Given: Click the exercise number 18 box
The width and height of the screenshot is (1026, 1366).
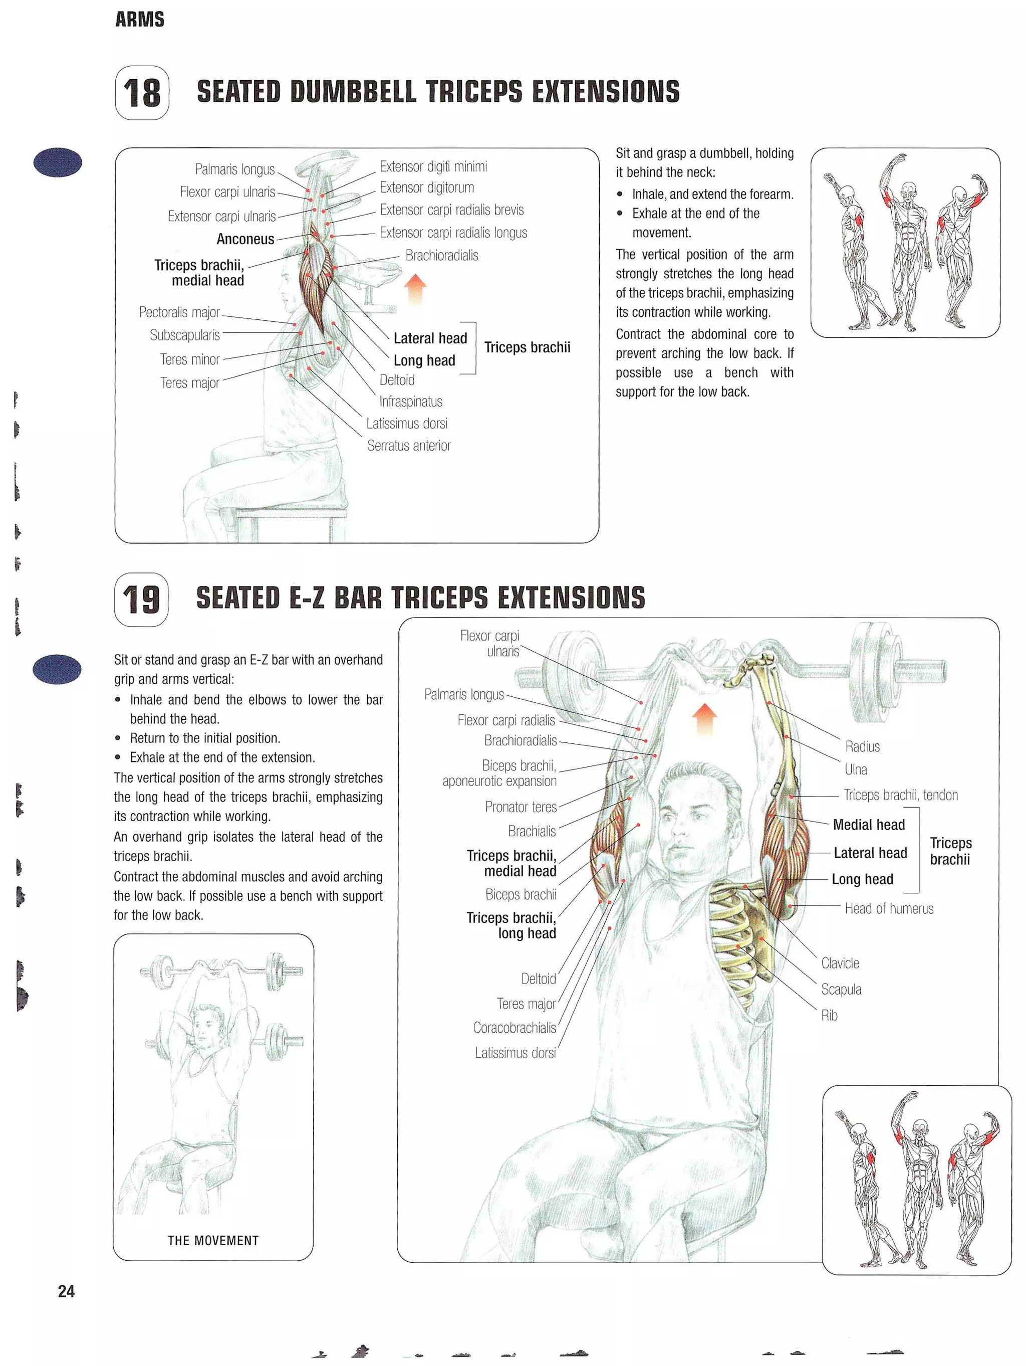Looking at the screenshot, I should tap(141, 93).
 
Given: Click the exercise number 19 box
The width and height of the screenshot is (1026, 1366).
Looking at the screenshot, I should tap(141, 599).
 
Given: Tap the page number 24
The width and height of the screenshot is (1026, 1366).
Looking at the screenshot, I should tap(66, 1291).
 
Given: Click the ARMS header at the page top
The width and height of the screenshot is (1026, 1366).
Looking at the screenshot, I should tap(139, 20).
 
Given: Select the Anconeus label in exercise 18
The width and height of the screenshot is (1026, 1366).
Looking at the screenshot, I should tap(245, 240).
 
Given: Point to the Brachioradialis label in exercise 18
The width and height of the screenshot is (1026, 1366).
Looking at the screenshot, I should tap(441, 256).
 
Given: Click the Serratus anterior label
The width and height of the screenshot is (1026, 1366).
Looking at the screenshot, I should tap(409, 446).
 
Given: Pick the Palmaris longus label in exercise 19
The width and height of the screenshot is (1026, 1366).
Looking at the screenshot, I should tap(463, 695).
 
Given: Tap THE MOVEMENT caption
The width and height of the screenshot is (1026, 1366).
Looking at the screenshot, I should tap(213, 1241).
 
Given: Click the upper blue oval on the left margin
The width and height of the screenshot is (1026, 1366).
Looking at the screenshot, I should tap(58, 162).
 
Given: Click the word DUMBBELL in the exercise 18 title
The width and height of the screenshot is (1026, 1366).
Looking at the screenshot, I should tap(353, 92).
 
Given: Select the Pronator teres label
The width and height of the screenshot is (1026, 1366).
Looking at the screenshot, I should tap(521, 807).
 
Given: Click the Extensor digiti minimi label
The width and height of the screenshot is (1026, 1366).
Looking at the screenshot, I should tap(433, 167).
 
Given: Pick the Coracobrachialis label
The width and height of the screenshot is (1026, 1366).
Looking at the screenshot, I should tap(514, 1028).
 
